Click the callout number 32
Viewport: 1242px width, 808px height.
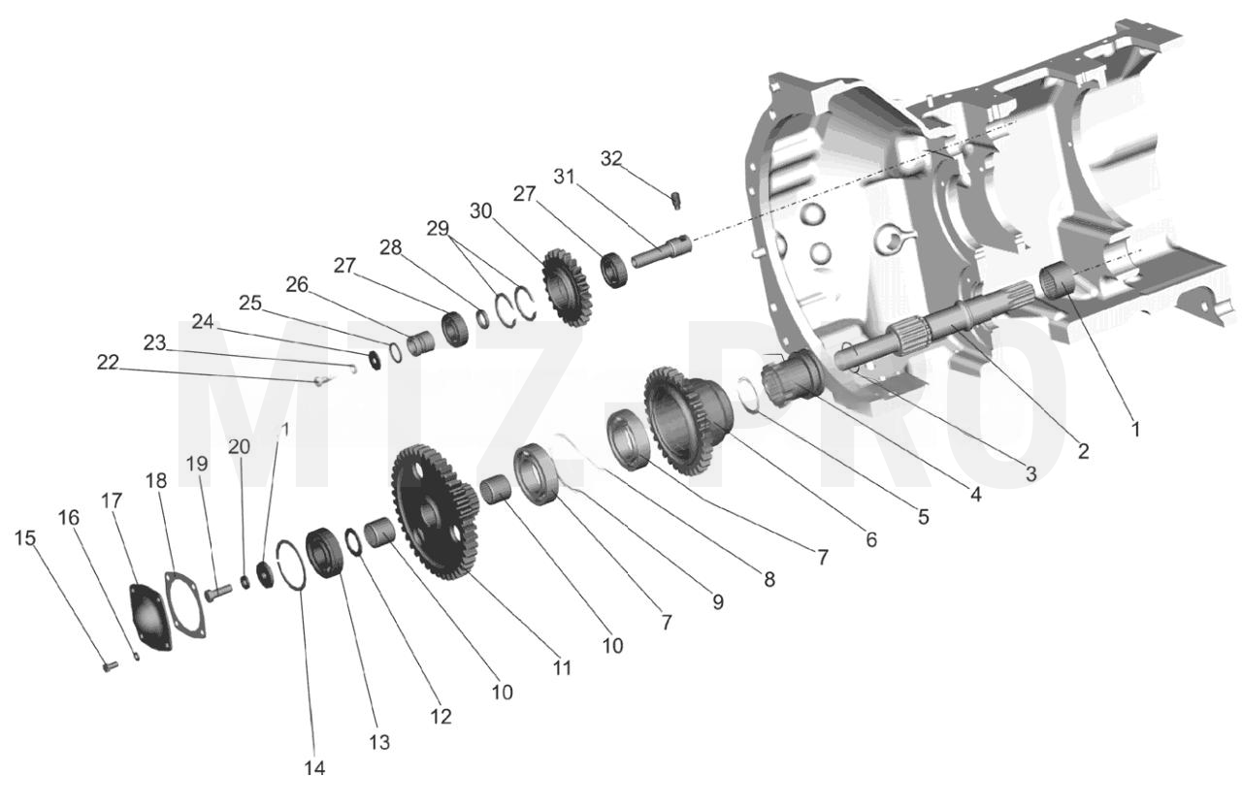[611, 159]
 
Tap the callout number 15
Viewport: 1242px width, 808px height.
[25, 538]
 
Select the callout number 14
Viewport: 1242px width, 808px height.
[314, 768]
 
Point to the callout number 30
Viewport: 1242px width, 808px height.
[480, 211]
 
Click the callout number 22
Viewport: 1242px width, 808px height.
[108, 363]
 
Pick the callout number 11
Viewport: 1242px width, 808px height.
[562, 668]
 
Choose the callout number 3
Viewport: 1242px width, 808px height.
[1030, 473]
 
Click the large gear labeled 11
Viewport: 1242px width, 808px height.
[436, 511]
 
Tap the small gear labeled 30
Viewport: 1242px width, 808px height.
[567, 287]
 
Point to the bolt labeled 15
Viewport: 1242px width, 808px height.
[111, 665]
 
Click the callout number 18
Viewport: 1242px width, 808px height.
[156, 480]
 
